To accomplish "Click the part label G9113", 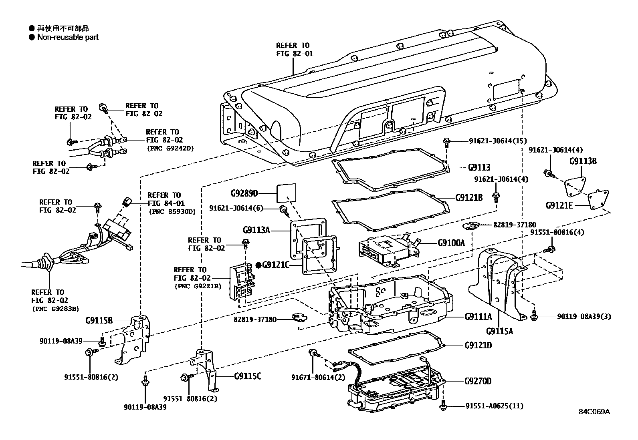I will [479, 168].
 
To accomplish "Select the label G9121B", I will [468, 197].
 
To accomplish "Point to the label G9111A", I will [478, 316].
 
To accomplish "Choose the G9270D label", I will [478, 381].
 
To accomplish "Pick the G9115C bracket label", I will [248, 376].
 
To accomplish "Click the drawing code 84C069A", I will [594, 412].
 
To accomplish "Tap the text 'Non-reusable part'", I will [68, 37].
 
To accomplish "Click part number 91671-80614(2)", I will [318, 377].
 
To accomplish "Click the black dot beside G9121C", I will [258, 265].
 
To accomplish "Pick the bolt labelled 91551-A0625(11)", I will [443, 406].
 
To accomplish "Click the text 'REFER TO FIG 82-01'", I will [295, 50].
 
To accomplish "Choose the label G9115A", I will [499, 331].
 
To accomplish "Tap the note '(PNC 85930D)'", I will [172, 211].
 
